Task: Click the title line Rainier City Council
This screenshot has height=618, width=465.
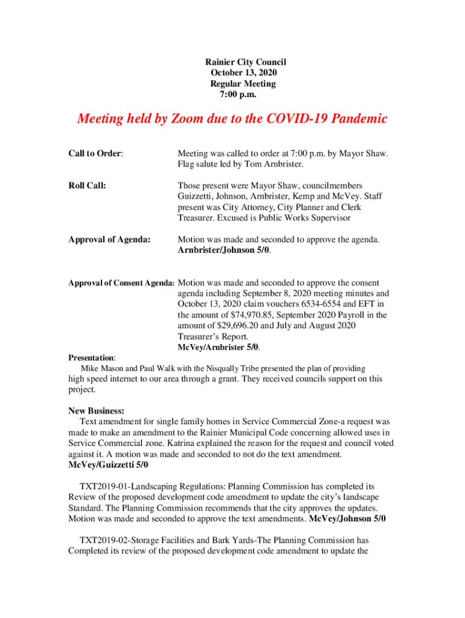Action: (x=245, y=62)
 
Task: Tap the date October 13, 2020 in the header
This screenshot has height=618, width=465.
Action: (x=244, y=73)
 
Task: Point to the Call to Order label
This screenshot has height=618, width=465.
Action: (x=95, y=154)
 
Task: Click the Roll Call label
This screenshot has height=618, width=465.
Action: (x=88, y=186)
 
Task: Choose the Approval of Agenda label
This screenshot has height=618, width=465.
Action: (x=109, y=240)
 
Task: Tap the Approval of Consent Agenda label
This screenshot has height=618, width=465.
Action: (x=121, y=283)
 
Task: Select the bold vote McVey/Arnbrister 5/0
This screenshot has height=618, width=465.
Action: (x=218, y=347)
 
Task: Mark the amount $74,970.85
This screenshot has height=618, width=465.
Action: (x=254, y=315)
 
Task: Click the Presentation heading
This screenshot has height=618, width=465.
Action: (x=91, y=358)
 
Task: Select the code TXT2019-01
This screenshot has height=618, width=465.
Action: (x=103, y=486)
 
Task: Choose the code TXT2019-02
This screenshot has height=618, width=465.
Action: (x=103, y=540)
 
